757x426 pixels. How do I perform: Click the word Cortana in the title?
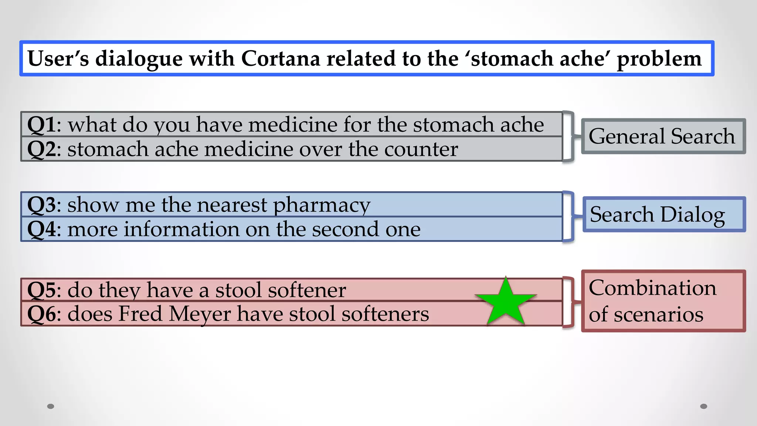(281, 59)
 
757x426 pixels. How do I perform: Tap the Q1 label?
(41, 125)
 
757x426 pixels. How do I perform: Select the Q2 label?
(41, 149)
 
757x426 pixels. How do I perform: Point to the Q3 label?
(41, 205)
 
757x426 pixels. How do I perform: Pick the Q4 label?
(41, 229)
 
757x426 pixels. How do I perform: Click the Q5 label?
(41, 290)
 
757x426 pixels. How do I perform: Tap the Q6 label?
(41, 314)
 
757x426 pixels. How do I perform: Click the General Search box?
(663, 136)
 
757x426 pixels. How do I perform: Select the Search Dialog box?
(663, 214)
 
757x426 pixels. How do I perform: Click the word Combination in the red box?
(652, 288)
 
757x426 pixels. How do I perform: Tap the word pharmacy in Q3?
(321, 205)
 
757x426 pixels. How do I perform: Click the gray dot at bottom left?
(51, 406)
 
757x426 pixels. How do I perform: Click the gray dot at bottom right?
(703, 406)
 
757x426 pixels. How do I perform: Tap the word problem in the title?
(659, 59)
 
